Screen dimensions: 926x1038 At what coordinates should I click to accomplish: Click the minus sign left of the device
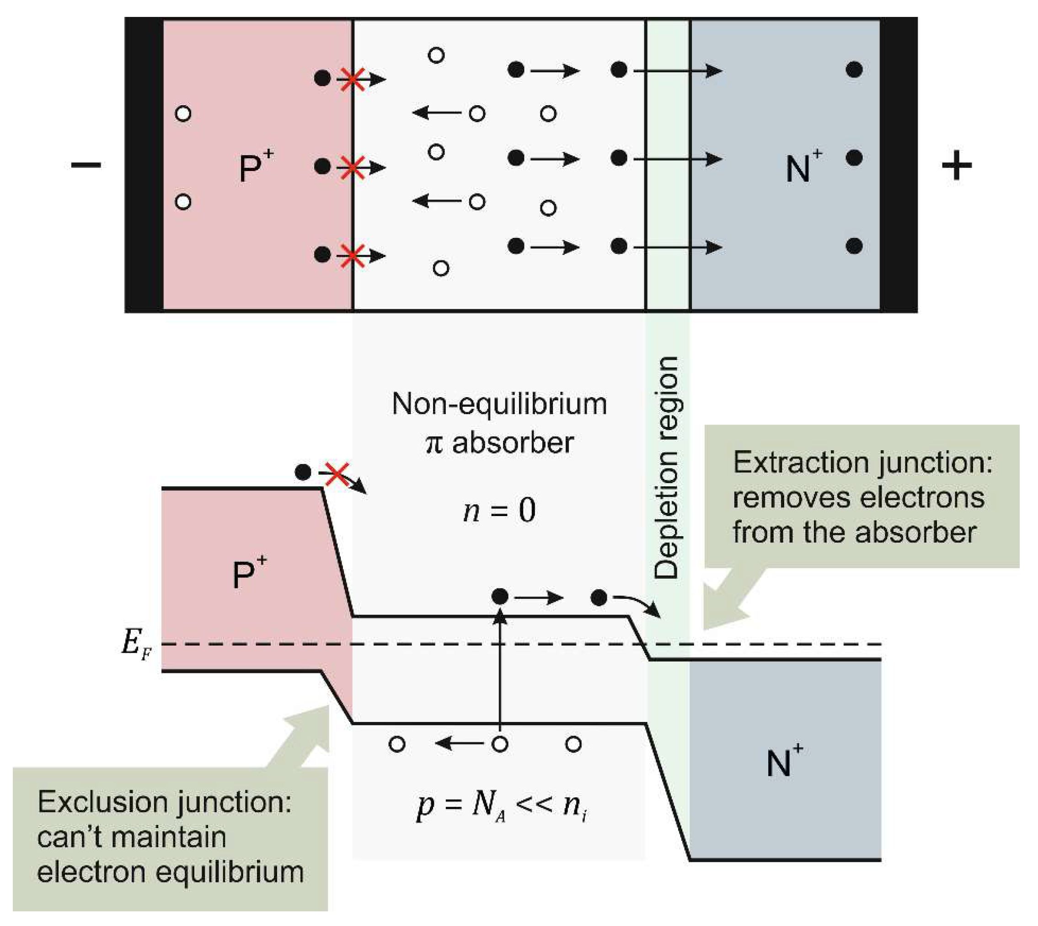pos(86,165)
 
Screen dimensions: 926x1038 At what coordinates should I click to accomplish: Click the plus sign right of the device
pos(956,165)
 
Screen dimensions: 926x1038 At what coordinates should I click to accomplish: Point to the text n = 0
pos(499,510)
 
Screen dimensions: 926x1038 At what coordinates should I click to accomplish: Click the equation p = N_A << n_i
pos(502,805)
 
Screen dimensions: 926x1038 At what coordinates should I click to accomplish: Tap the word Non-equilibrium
pos(499,404)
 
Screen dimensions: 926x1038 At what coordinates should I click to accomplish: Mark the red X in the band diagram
pos(337,474)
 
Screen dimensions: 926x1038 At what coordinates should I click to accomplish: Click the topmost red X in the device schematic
pos(352,80)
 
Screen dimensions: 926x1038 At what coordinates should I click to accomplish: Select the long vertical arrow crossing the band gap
pos(500,672)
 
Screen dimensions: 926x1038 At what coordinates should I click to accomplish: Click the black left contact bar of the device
pos(144,165)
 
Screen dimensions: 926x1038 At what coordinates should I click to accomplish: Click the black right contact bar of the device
pos(899,165)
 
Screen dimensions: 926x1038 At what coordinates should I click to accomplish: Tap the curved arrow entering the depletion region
pos(638,604)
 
